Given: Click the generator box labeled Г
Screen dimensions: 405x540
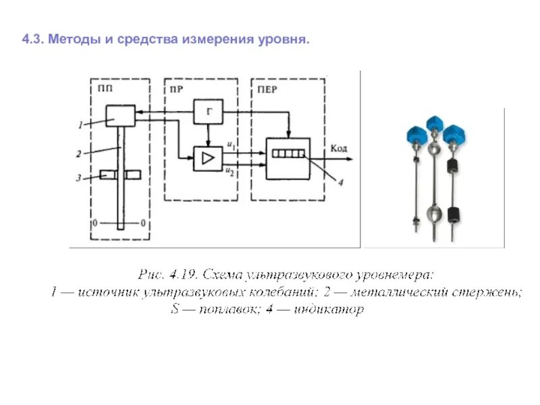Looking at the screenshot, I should [208, 112].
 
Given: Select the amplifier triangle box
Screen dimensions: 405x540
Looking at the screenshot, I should [208, 159].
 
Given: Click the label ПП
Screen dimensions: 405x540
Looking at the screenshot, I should [105, 87].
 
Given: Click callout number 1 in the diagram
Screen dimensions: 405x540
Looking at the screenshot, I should [80, 125].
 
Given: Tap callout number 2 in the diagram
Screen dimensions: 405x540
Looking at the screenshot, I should [79, 154].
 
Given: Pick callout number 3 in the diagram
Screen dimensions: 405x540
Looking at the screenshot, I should [79, 178].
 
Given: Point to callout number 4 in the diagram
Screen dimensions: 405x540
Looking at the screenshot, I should [342, 182].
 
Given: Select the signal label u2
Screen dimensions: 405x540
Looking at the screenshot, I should [231, 172].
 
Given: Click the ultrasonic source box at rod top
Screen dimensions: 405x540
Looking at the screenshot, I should [120, 115].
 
